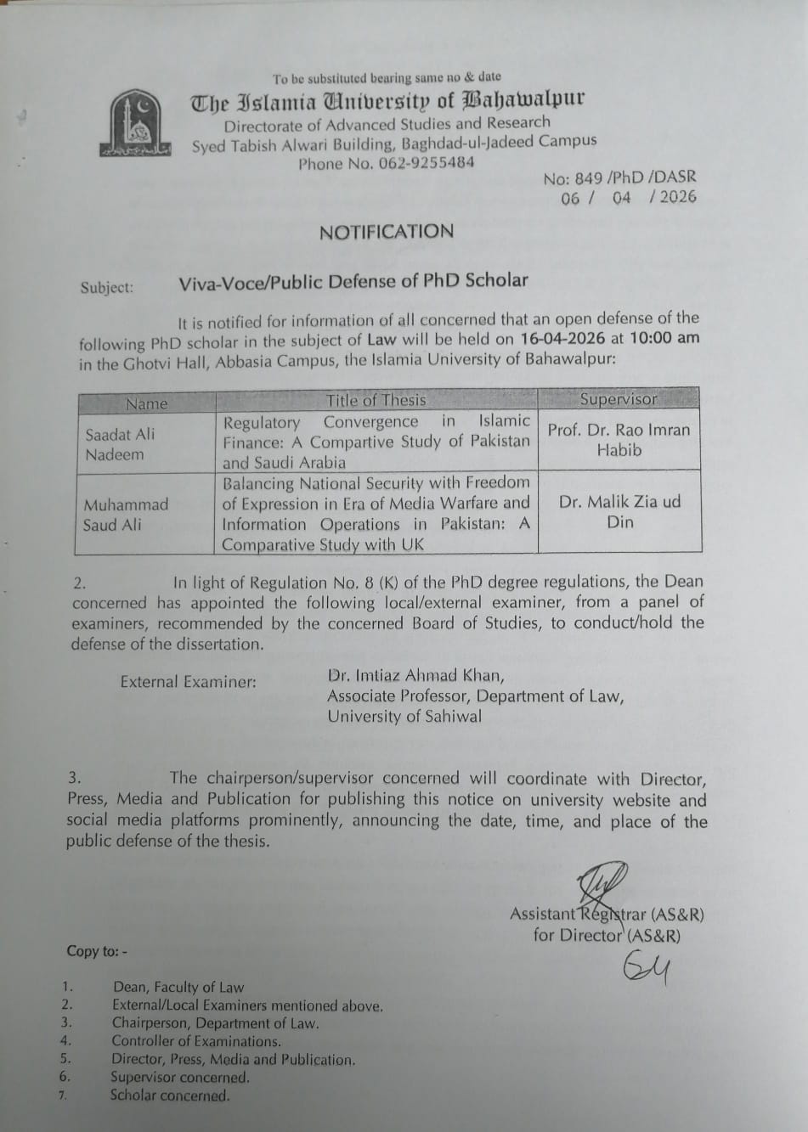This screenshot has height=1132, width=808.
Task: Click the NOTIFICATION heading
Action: pos(387,232)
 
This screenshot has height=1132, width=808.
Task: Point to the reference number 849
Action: pos(589,178)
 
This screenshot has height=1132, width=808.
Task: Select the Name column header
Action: pos(146,403)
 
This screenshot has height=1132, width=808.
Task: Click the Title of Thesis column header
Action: pos(376,400)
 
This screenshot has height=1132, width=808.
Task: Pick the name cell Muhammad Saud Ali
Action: pos(125,515)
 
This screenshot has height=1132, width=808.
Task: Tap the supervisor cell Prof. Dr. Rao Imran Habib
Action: pos(619,440)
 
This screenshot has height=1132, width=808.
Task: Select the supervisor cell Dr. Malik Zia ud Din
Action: pos(619,511)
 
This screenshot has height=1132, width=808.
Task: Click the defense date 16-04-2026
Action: pos(562,338)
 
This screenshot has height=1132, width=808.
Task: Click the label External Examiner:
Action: pos(188,682)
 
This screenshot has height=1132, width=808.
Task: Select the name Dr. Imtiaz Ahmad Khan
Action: pos(415,676)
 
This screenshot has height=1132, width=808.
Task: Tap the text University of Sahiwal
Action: pos(404,716)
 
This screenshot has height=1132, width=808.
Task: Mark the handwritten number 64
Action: pos(645,967)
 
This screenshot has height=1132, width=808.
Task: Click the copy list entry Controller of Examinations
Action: pos(195,1041)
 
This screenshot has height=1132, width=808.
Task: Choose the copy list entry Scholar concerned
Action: pos(169,1095)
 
